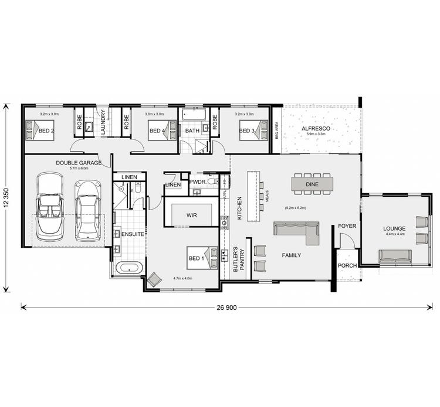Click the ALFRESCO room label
pos(316,128)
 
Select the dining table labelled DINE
pos(313,184)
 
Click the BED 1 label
pos(195,258)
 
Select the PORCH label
pos(347,266)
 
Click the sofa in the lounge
pos(394,256)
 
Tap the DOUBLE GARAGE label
pos(79,162)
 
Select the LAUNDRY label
pos(103,124)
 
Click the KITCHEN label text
pos(239,208)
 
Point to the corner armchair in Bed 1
pos(154,280)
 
